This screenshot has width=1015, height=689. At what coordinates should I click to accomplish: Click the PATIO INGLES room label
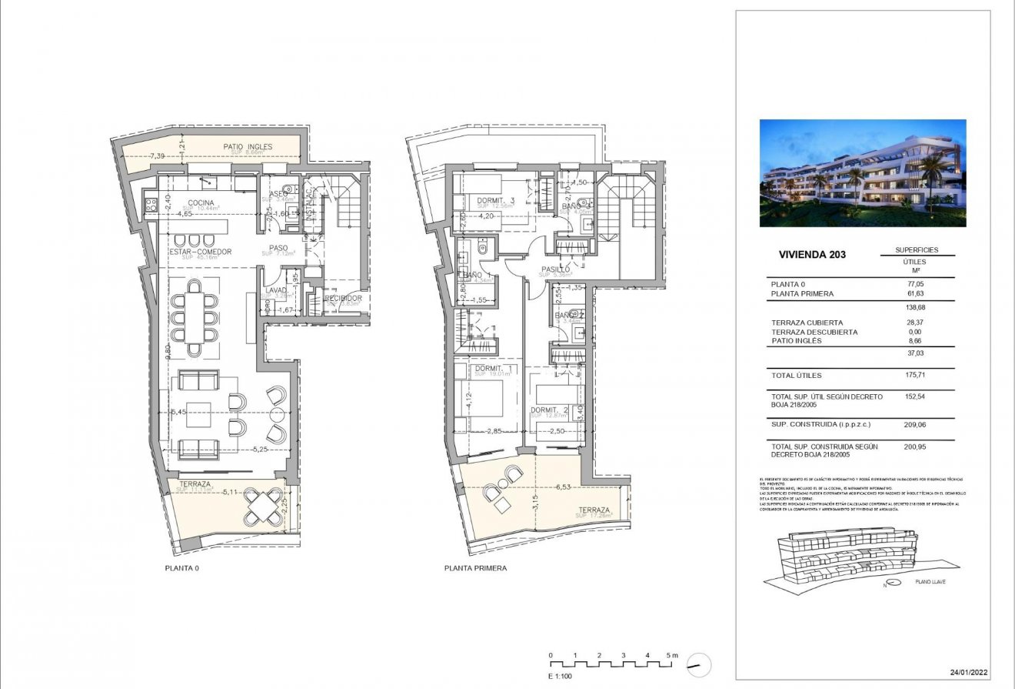(x=244, y=146)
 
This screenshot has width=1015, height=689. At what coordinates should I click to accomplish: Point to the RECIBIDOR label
(x=343, y=298)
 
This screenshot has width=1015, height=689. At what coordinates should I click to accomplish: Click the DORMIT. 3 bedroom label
(x=494, y=200)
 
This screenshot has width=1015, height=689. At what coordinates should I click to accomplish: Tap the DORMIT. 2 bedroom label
(x=549, y=410)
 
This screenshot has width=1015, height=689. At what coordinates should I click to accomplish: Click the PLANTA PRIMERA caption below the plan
(x=475, y=569)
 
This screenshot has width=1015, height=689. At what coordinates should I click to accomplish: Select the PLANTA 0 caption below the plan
(x=182, y=569)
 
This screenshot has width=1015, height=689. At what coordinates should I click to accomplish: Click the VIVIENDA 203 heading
(x=812, y=254)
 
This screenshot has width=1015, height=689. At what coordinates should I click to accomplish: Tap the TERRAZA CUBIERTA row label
(x=807, y=323)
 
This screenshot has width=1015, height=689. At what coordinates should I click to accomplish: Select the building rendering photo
(x=863, y=173)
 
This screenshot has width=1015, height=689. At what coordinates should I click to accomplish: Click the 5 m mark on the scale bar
(x=673, y=656)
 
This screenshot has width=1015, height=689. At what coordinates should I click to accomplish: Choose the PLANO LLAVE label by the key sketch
(x=930, y=584)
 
